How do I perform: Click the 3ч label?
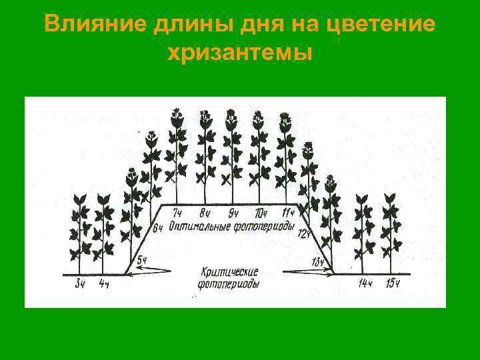pyautogui.click(x=80, y=284)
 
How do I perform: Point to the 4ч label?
pyautogui.click(x=103, y=284)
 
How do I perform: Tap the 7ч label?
pyautogui.click(x=178, y=213)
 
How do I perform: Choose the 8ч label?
pyautogui.click(x=205, y=213)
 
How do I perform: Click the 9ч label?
pyautogui.click(x=233, y=213)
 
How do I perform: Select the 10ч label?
pyautogui.click(x=261, y=213)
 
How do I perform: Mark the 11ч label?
pyautogui.click(x=288, y=213)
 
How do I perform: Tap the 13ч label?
pyautogui.click(x=318, y=261)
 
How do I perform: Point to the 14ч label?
pyautogui.click(x=365, y=284)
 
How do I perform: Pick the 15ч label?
pyautogui.click(x=392, y=284)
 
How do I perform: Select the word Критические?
pyautogui.click(x=229, y=272)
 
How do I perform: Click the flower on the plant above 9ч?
pyautogui.click(x=232, y=115)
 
